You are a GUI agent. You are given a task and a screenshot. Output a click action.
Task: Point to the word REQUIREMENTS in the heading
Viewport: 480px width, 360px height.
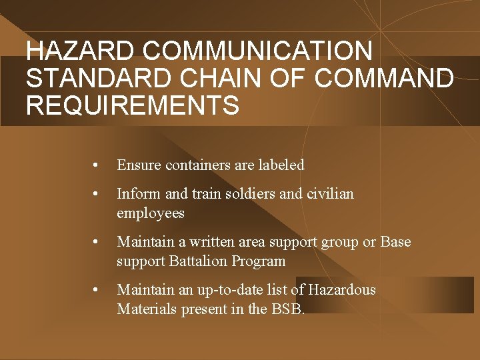pyautogui.click(x=132, y=105)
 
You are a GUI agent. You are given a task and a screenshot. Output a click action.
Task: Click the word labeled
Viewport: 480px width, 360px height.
pyautogui.click(x=279, y=165)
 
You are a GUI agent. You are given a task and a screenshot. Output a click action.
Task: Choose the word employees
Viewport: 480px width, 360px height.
pyautogui.click(x=150, y=213)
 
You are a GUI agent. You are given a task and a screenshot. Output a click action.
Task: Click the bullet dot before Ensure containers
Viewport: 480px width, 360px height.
pyautogui.click(x=97, y=165)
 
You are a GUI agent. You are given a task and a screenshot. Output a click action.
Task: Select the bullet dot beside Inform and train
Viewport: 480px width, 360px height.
pyautogui.click(x=97, y=194)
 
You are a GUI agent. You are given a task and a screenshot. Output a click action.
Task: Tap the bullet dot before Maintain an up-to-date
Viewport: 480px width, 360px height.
pyautogui.click(x=97, y=290)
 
